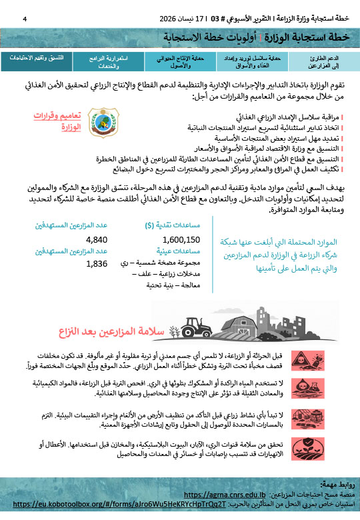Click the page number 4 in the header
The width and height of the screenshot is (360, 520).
(x=25, y=18)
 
